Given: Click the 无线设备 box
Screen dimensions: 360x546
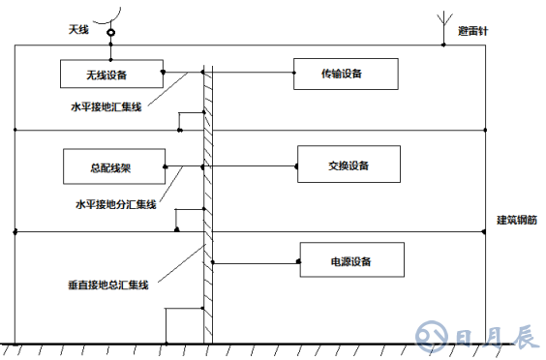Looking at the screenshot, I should coord(110,74).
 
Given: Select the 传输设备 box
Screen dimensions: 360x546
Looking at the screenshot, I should coord(342,74).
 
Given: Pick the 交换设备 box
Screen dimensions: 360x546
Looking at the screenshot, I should coord(349,166).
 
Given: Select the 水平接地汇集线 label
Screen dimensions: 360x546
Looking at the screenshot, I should coord(106,106).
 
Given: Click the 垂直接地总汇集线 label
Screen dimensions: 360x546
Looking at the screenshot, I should coord(107,285).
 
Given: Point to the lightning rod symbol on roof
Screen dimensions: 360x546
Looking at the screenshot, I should coord(443,26).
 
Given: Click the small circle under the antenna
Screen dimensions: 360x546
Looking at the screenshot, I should coord(111,33).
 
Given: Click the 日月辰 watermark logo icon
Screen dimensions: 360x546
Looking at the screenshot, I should coord(430,336).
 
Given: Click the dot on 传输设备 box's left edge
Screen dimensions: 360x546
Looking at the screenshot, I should coord(294,74).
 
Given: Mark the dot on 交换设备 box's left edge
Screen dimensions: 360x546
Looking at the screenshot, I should coord(297,166).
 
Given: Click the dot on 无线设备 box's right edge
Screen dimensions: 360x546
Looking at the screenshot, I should coord(162,74).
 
